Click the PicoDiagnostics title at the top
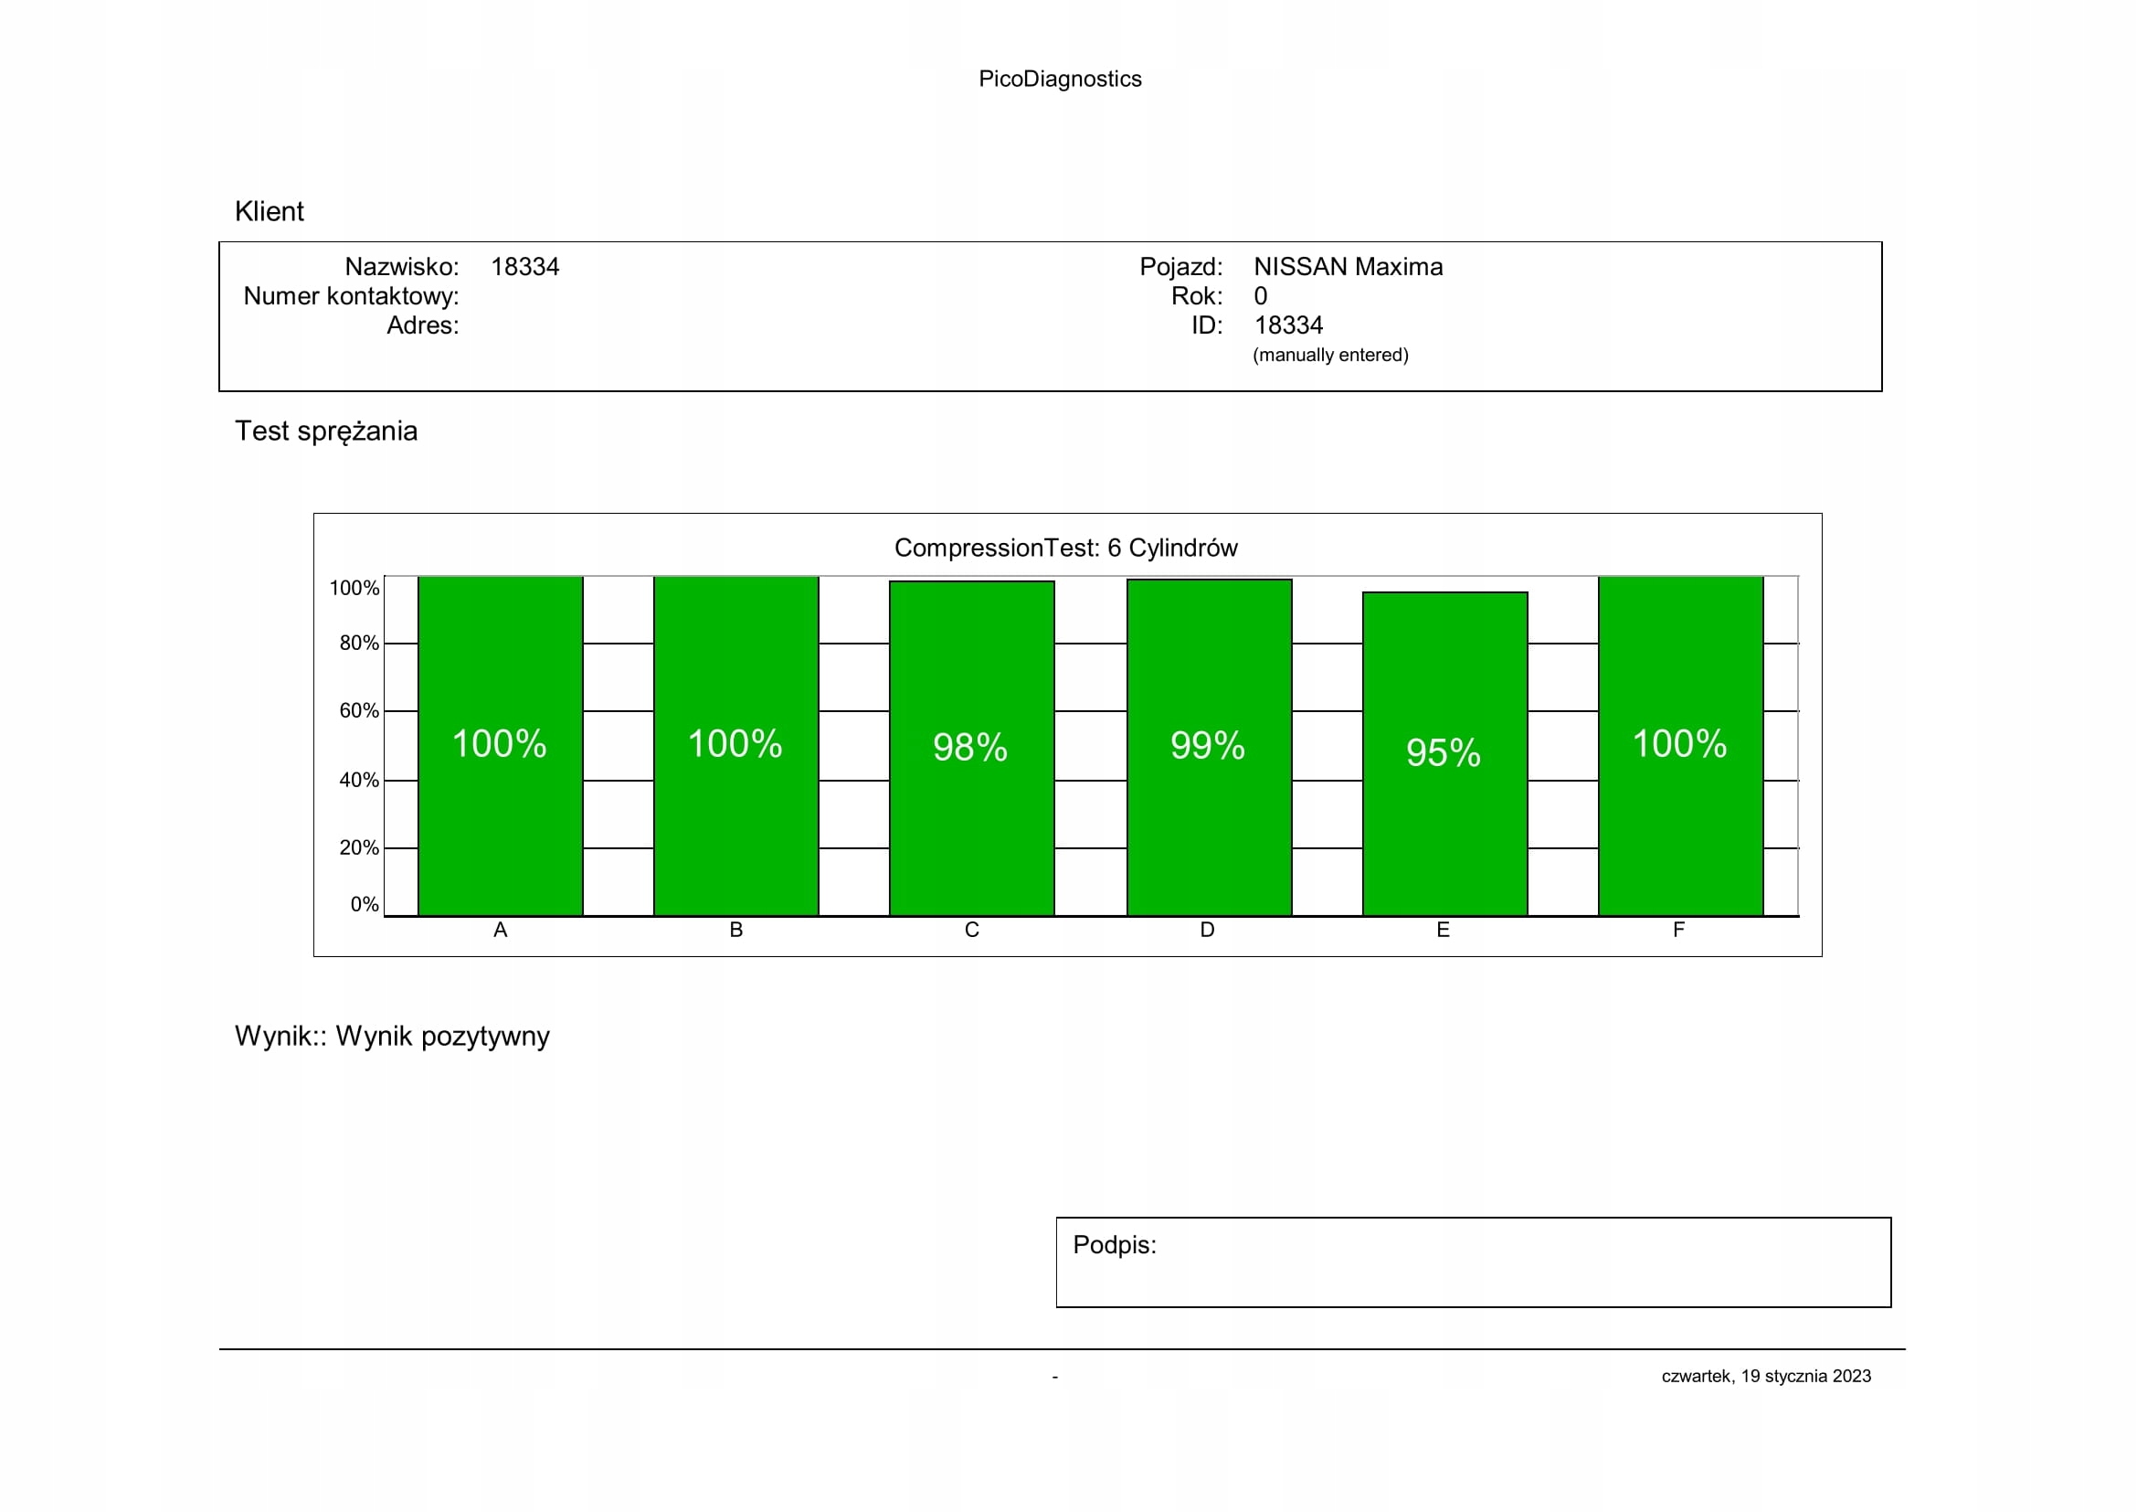(1059, 80)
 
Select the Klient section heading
(269, 211)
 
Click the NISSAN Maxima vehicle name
(1348, 267)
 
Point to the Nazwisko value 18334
(525, 267)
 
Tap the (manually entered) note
(1330, 355)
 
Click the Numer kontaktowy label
(351, 296)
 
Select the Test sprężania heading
(326, 431)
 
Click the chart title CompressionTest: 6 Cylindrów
(1065, 548)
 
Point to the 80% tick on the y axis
(359, 644)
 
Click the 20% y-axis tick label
(359, 848)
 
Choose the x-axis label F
(1679, 930)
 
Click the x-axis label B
(736, 930)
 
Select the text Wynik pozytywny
(442, 1037)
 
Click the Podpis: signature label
(1114, 1245)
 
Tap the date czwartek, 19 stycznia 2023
(1766, 1376)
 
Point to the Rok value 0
(1260, 296)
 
